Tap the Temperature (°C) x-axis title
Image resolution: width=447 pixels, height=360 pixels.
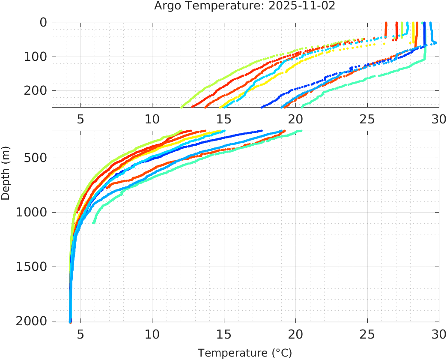point(244,353)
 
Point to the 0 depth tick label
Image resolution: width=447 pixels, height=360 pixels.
point(43,23)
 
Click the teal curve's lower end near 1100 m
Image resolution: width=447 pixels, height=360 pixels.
point(94,222)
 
